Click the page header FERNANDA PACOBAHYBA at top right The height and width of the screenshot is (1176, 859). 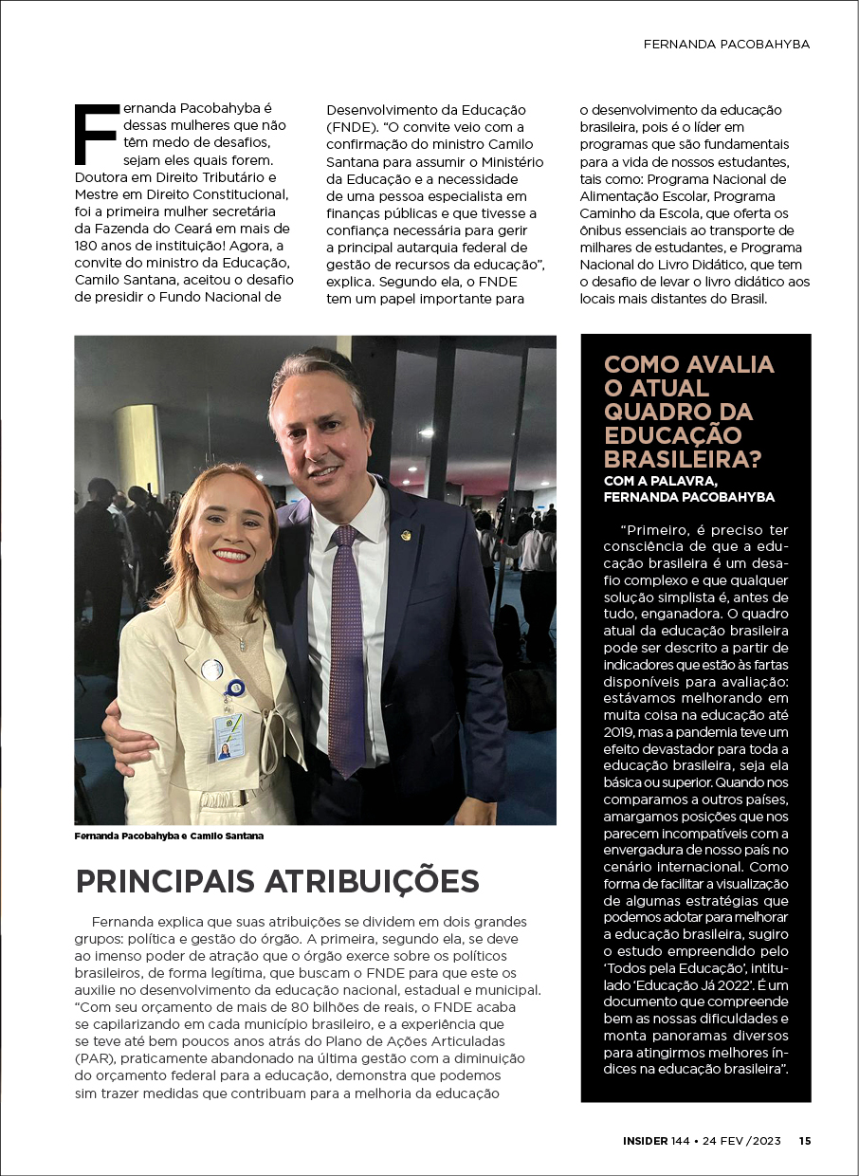tap(726, 44)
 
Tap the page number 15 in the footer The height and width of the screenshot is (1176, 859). tap(804, 1141)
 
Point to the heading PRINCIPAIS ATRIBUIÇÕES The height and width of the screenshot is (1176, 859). tap(277, 881)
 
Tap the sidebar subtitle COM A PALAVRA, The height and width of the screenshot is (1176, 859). tap(656, 481)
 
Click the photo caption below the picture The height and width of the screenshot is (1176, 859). tap(169, 836)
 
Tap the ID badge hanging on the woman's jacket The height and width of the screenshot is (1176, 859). tap(228, 736)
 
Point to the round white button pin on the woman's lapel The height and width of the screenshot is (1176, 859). tap(212, 671)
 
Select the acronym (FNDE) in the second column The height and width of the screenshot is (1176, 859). tap(353, 127)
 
